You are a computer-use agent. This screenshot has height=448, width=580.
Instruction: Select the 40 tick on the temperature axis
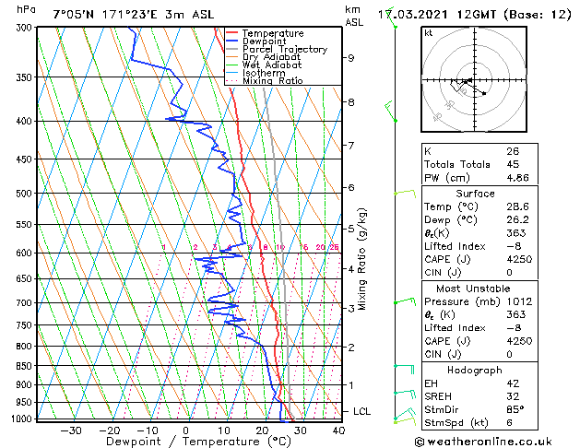[337, 430]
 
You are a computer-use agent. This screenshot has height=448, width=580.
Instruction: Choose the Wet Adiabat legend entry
[270, 65]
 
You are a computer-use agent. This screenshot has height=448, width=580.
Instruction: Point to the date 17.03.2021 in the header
[435, 15]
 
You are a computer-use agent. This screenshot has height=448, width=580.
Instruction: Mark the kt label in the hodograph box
[429, 32]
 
